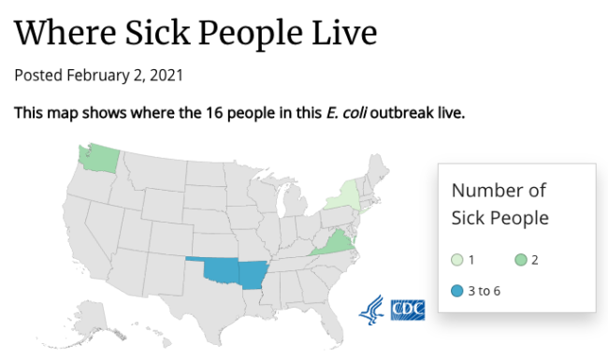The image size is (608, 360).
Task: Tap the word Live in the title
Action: pos(342,33)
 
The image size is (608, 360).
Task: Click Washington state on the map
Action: pos(96,159)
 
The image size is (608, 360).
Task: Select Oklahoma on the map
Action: pos(221,269)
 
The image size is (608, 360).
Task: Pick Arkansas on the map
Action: pos(252,274)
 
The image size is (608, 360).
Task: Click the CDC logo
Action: pos(407,309)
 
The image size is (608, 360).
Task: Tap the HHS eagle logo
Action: pos(371,309)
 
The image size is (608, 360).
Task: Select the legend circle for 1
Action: pos(456,260)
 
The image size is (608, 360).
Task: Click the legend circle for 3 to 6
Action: pos(456,291)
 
